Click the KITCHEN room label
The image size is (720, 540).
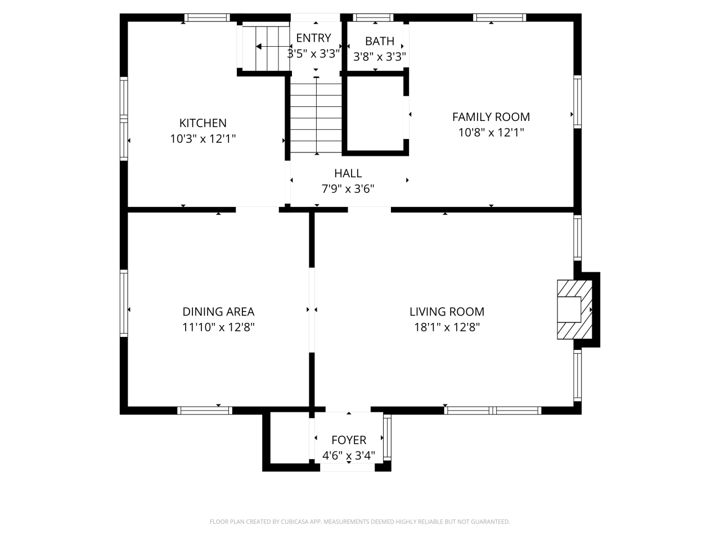[x=202, y=123]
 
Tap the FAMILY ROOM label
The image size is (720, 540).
[x=490, y=117]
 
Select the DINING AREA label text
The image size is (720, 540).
[x=218, y=312]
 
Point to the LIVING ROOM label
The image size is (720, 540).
[x=447, y=312]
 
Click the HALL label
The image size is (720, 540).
[x=348, y=173]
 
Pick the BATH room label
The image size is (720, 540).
[x=379, y=41]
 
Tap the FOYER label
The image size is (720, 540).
[x=348, y=440]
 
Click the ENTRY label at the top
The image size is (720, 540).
[x=313, y=38]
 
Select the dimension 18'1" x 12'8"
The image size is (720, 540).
[x=447, y=327]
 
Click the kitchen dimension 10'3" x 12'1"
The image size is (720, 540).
[x=202, y=138]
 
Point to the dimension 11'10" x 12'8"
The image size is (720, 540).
[x=218, y=327]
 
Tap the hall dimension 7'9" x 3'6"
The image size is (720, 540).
[x=348, y=189]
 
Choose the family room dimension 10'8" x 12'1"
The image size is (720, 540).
[x=490, y=133]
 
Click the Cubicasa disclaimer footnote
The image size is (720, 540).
[x=359, y=522]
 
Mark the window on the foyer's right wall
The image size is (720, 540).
[x=386, y=437]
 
